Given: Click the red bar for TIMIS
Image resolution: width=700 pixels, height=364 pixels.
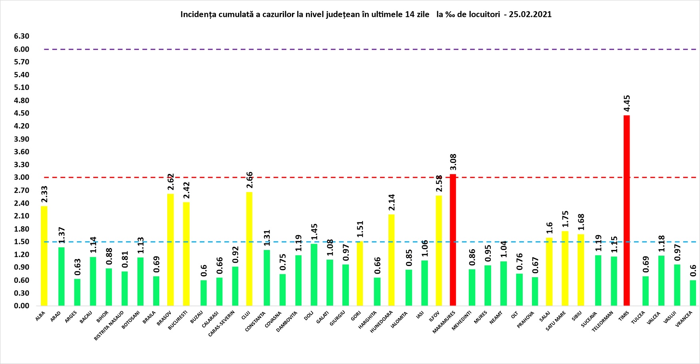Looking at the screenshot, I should coord(626,210).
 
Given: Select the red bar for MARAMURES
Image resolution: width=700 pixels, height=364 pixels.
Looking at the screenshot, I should coord(453,240).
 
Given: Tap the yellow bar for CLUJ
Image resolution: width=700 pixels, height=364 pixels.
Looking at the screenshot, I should coord(249,249).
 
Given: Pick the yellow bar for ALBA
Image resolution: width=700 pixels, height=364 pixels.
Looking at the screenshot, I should coord(44,256).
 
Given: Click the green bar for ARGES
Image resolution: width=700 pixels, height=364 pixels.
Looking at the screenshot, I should coord(77,292).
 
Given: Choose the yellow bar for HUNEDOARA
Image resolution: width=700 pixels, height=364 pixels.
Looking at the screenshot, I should coord(391,260).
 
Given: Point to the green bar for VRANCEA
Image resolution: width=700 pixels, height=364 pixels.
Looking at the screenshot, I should coord(693,293).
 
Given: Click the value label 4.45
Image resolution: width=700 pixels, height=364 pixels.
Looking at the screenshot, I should coord(627,104).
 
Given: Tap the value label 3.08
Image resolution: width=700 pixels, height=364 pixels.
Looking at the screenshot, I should coord(453,162).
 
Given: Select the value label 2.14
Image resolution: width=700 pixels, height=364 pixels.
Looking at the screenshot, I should coord(392,203).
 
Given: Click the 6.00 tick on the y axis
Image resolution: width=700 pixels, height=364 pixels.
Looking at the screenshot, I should coord(22,49).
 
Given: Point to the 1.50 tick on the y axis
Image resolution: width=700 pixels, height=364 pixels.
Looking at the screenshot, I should coord(22,242).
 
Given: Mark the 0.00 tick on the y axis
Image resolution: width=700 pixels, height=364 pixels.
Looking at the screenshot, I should coord(22,306).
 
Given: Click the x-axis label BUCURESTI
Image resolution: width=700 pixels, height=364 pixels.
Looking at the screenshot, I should coord(178,320).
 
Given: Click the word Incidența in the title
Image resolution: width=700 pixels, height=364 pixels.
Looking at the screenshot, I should coord(199,14).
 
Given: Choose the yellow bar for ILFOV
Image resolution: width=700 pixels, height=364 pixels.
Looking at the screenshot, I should coord(439,250).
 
